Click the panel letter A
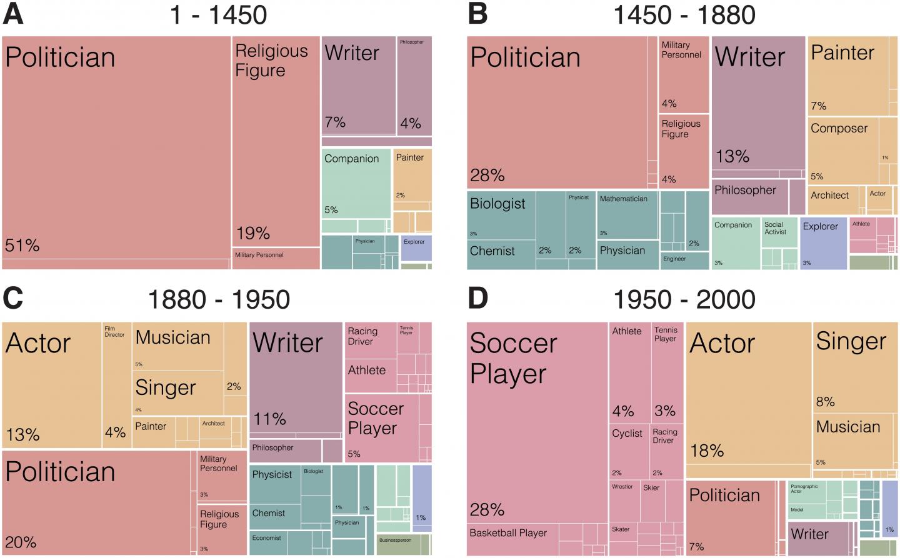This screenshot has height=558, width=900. [13, 14]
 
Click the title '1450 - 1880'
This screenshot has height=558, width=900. [684, 14]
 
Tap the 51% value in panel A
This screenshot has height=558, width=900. [22, 246]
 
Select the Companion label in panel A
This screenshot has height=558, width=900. [351, 159]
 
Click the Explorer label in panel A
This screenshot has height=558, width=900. [414, 242]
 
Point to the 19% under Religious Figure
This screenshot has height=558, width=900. [252, 234]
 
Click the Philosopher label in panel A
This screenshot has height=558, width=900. [411, 42]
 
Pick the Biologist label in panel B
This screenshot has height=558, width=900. [497, 204]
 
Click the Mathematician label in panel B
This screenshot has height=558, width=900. [623, 199]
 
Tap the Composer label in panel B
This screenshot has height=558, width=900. [839, 129]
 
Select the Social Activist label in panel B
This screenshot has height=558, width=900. [775, 228]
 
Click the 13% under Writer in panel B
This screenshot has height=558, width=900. [732, 156]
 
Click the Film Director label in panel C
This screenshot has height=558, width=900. [114, 331]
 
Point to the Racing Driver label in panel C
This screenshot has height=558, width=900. [362, 336]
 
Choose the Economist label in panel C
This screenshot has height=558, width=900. [266, 538]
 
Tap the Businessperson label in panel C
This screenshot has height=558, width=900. [395, 540]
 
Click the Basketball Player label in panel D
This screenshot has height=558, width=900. [507, 533]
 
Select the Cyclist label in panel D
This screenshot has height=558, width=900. [627, 434]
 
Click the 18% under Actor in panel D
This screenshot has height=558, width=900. [707, 451]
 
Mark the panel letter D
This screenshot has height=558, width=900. [478, 299]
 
